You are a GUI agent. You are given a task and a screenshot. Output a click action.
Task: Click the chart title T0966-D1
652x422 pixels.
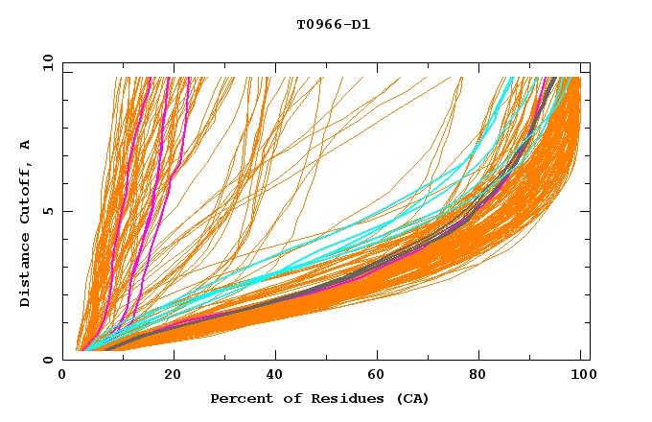pyautogui.click(x=333, y=24)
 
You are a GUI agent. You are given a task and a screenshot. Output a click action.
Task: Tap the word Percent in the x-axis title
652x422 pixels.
pyautogui.click(x=238, y=398)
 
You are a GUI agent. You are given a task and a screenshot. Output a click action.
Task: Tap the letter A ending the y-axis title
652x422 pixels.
pyautogui.click(x=25, y=145)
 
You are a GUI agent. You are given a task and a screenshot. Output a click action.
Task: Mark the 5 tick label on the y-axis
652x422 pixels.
pyautogui.click(x=48, y=211)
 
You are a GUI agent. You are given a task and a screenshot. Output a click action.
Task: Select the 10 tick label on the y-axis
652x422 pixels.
pyautogui.click(x=45, y=62)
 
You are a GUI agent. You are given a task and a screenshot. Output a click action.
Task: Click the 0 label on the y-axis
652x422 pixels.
pyautogui.click(x=48, y=360)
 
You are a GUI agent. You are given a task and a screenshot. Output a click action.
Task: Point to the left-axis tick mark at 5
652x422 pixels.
pyautogui.click(x=65, y=211)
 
